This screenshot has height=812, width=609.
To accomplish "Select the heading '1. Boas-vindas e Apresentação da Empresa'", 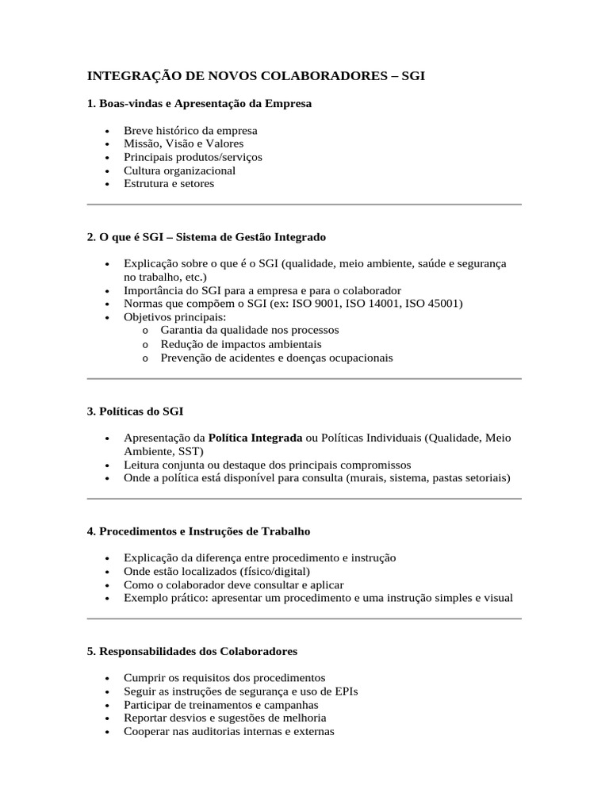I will click(x=199, y=104).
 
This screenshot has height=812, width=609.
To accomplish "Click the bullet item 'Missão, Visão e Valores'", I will click(x=183, y=144).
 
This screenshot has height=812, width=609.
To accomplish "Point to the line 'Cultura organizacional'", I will click(x=179, y=170).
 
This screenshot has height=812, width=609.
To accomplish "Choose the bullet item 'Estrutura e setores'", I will click(x=169, y=183).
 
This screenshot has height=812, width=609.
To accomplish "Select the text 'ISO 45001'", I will click(x=433, y=303).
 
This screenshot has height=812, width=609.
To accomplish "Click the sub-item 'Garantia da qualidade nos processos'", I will click(x=249, y=329).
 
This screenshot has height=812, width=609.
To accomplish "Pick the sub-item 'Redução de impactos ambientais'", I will click(x=240, y=344).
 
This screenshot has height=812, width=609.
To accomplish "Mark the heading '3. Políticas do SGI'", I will click(x=135, y=411).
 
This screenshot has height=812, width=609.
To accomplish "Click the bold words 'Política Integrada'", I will click(x=255, y=437).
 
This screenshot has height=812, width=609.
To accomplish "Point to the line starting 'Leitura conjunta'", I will click(x=267, y=464).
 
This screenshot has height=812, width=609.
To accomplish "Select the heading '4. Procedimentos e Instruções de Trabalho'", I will click(x=198, y=530).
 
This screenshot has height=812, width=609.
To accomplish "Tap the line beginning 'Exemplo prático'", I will click(x=318, y=598).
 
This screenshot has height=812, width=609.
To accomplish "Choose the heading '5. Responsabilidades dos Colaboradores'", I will click(x=192, y=651).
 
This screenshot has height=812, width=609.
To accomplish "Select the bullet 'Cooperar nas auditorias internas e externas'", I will click(x=228, y=731).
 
